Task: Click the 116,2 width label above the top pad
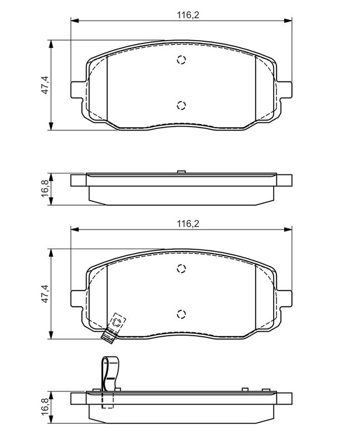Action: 188,14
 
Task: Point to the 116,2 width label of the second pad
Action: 188,224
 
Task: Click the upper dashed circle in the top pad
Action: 181,61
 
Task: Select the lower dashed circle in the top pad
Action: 181,104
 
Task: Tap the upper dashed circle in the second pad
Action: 181,269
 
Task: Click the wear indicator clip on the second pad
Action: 114,326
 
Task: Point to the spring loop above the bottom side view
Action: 109,374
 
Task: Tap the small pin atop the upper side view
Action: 180,172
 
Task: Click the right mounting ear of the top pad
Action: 284,89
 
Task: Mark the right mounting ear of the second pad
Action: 284,298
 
